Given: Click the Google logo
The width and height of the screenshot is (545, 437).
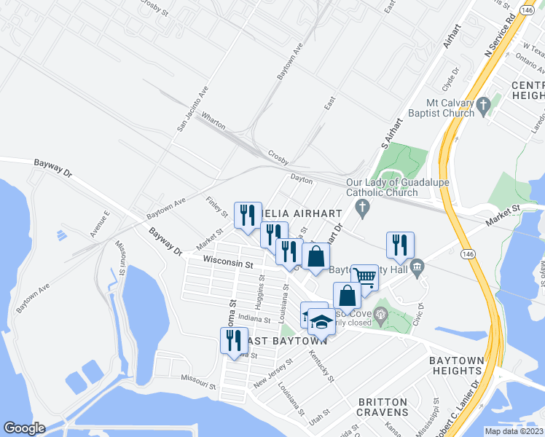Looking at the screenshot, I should click(x=24, y=428).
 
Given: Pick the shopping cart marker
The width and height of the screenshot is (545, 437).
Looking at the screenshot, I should click(x=364, y=277).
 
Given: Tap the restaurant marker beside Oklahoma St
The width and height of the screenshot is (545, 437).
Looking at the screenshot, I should click(x=234, y=341).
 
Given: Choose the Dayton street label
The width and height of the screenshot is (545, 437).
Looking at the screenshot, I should click(x=301, y=178).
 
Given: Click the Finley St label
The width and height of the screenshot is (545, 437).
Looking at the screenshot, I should click(x=217, y=208).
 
